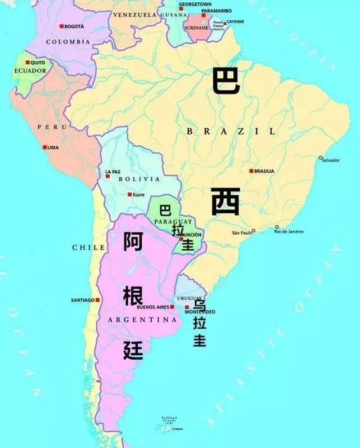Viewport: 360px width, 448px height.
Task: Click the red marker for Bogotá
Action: pos(61,26)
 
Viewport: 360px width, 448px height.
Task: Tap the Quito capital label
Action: pos(38,62)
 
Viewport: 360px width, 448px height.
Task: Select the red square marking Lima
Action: pos(45,147)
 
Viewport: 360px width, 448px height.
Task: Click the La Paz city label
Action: pos(112,171)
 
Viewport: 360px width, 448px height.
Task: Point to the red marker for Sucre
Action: pos(129,195)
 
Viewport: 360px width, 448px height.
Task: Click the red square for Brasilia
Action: pos(251,171)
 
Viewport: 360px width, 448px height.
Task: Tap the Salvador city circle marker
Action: pos(321,158)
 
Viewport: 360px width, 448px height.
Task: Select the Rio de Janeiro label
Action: pos(289,232)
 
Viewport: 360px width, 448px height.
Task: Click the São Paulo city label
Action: pos(242,232)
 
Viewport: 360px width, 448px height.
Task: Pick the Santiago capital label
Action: pos(82,300)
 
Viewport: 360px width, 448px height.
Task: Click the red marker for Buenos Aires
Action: pos(172,307)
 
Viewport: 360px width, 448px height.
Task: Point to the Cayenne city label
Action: pos(235,21)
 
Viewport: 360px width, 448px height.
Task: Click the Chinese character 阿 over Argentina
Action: pos(133,241)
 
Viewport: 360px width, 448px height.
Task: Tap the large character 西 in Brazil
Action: pos(226,202)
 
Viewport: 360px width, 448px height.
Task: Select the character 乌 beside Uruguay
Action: pos(199,306)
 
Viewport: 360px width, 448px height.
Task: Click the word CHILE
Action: pos(89,248)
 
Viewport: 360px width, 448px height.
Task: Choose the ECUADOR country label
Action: pos(29,71)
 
